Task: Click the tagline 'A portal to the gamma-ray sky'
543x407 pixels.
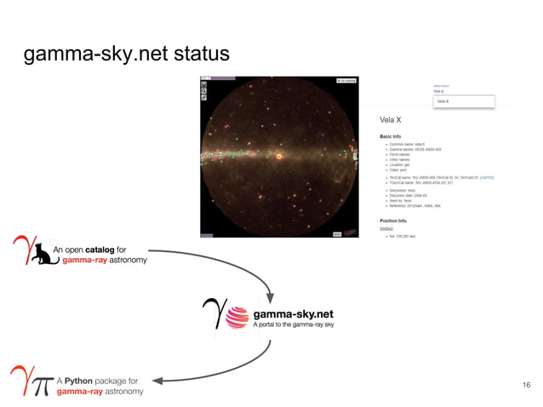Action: (294, 324)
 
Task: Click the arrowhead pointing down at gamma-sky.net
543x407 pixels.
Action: (271, 298)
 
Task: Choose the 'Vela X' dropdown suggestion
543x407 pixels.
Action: (443, 101)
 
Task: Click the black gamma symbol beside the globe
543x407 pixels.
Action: (211, 314)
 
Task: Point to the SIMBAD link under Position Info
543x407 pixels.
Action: (386, 228)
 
